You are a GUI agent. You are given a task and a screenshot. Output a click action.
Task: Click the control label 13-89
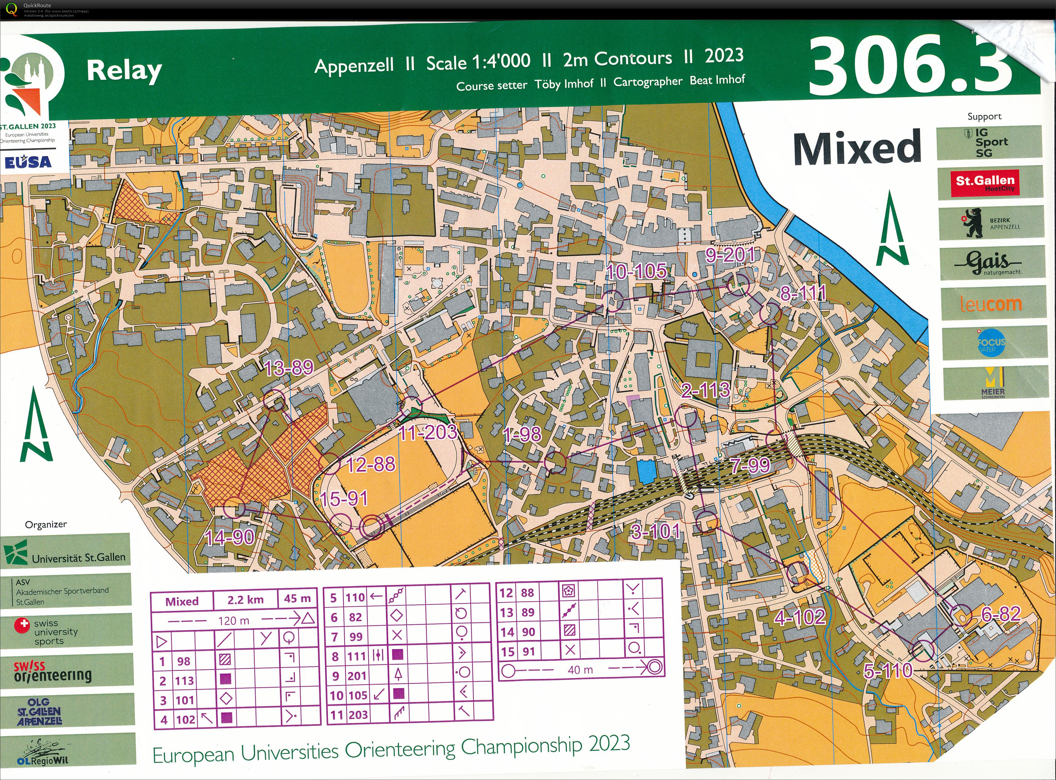[x=289, y=368]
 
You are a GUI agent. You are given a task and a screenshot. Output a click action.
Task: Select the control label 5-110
[x=887, y=671]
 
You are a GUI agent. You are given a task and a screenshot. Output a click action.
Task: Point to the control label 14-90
[x=230, y=537]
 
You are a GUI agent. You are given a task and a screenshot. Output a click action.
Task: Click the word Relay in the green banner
[x=124, y=71]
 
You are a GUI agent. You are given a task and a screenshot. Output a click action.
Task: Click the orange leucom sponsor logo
[x=991, y=303]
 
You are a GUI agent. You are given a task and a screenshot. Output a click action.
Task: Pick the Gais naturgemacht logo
[x=990, y=263]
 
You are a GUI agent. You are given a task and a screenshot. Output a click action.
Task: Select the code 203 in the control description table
[x=358, y=715]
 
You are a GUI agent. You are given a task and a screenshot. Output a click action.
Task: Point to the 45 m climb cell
[x=297, y=599]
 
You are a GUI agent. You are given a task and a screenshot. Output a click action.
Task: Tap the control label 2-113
[x=705, y=390]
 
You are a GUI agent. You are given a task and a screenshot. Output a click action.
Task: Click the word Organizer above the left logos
[x=46, y=524]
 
